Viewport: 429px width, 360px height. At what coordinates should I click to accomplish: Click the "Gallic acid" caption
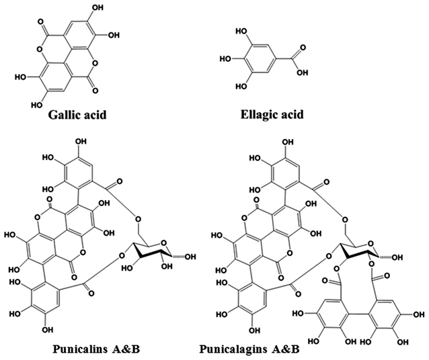click(x=77, y=114)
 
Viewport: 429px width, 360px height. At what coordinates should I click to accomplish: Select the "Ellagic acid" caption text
click(x=272, y=114)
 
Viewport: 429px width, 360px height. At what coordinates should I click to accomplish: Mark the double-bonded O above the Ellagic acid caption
click(x=299, y=48)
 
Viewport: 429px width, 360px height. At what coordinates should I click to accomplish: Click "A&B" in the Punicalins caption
click(x=127, y=349)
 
